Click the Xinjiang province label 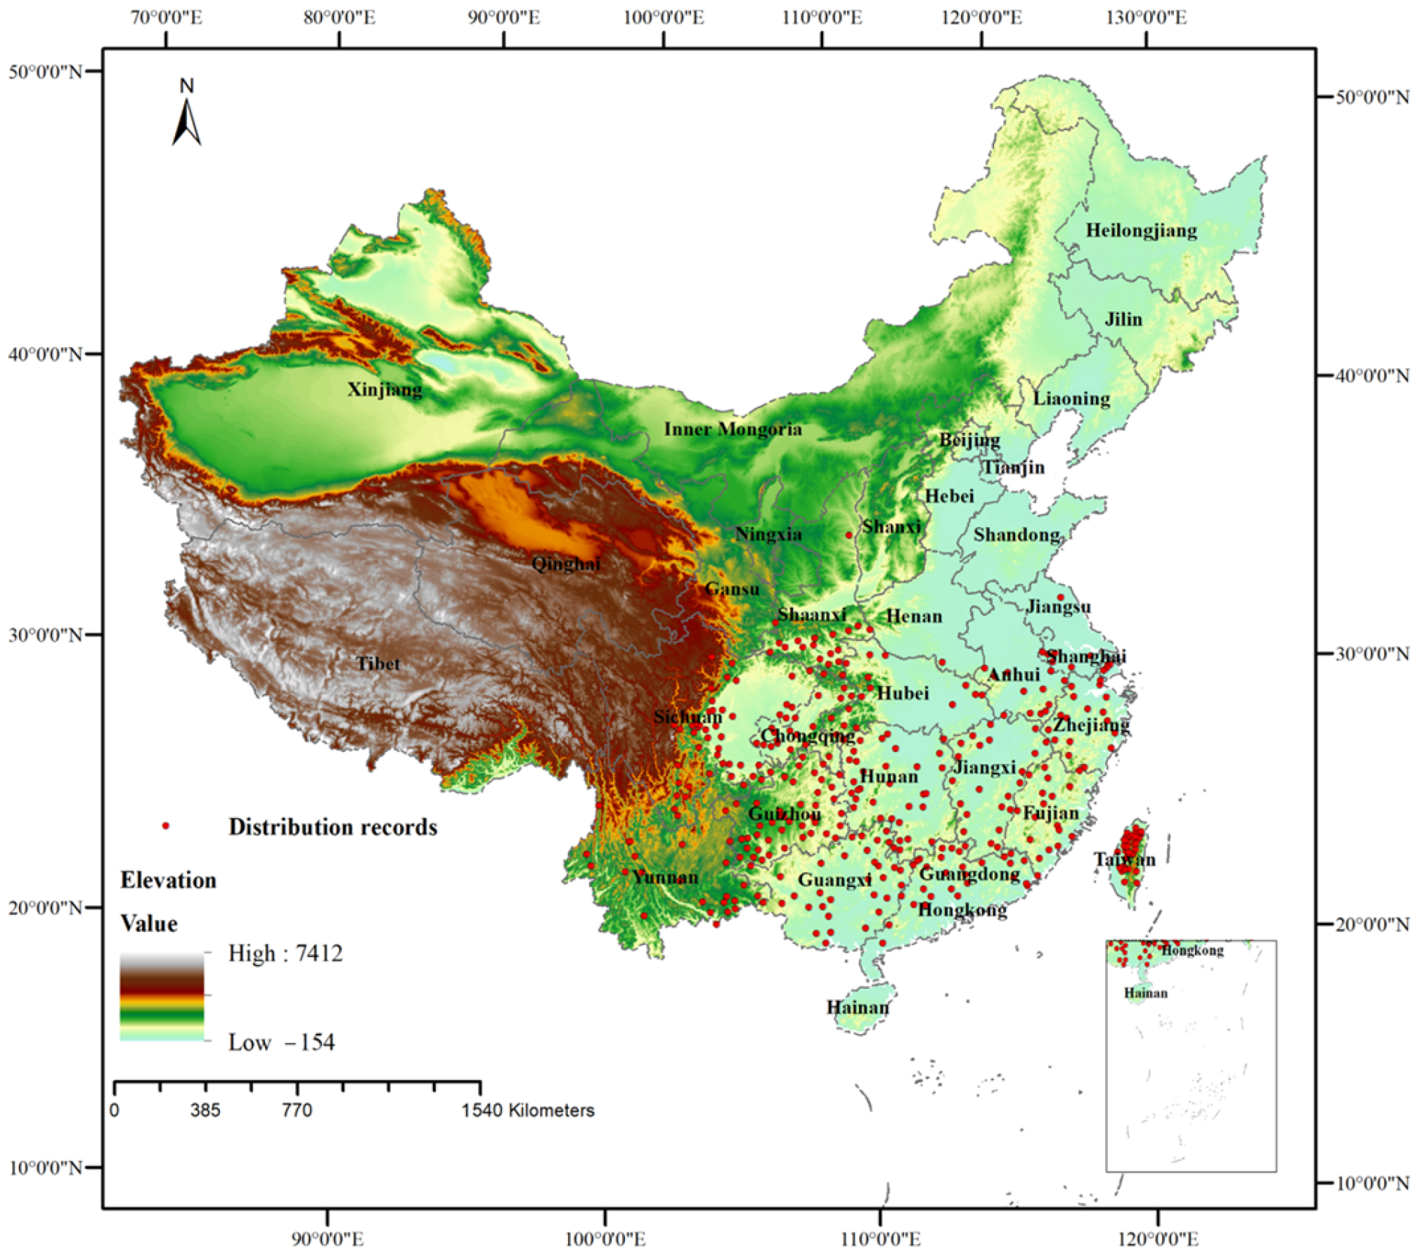(x=385, y=389)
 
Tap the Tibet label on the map (x=378, y=663)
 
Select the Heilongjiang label (x=1140, y=230)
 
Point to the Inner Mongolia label (x=733, y=429)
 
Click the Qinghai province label (x=565, y=563)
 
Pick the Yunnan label (x=664, y=876)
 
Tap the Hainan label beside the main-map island (x=857, y=1007)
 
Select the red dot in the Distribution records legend (x=166, y=826)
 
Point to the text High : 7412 (x=285, y=954)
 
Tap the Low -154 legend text (x=281, y=1042)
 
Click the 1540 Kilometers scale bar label (x=528, y=1110)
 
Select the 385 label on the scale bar (x=205, y=1110)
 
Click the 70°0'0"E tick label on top (x=167, y=18)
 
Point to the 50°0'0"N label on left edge (x=45, y=72)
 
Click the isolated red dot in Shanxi (x=849, y=536)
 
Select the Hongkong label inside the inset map (x=1192, y=951)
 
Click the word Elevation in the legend (x=168, y=880)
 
